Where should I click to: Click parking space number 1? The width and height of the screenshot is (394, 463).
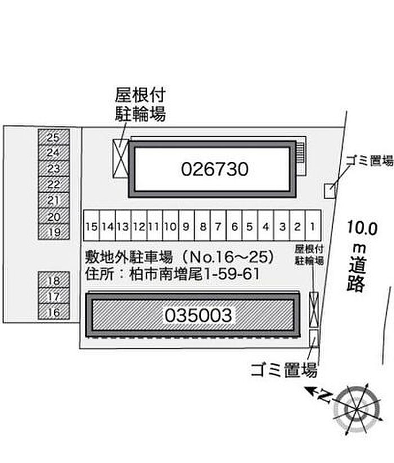(313, 226)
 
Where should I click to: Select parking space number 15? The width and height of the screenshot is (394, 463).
(92, 226)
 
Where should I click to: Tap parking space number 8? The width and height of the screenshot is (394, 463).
(202, 226)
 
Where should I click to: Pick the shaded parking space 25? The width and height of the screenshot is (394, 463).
(54, 137)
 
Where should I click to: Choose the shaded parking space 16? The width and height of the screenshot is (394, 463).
(54, 312)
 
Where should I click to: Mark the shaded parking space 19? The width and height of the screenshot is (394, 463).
(54, 232)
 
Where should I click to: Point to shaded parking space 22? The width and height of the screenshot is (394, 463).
(54, 185)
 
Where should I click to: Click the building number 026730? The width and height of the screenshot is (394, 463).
(214, 169)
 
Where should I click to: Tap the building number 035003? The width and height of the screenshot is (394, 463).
(198, 315)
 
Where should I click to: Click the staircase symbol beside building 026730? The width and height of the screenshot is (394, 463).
(300, 152)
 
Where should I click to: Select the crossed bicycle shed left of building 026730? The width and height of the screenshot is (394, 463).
(121, 158)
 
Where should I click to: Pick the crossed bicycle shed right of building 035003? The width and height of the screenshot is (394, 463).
(314, 309)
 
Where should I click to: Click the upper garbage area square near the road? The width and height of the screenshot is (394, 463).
(330, 191)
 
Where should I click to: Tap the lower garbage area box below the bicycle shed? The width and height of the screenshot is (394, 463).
(314, 338)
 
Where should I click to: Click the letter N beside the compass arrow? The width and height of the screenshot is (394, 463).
(325, 396)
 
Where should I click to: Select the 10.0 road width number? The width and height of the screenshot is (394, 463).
(362, 228)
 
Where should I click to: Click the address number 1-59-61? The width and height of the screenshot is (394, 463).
(231, 274)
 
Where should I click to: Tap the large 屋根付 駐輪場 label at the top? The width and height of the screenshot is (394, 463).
(140, 104)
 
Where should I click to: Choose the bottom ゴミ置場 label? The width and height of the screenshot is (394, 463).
(284, 370)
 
